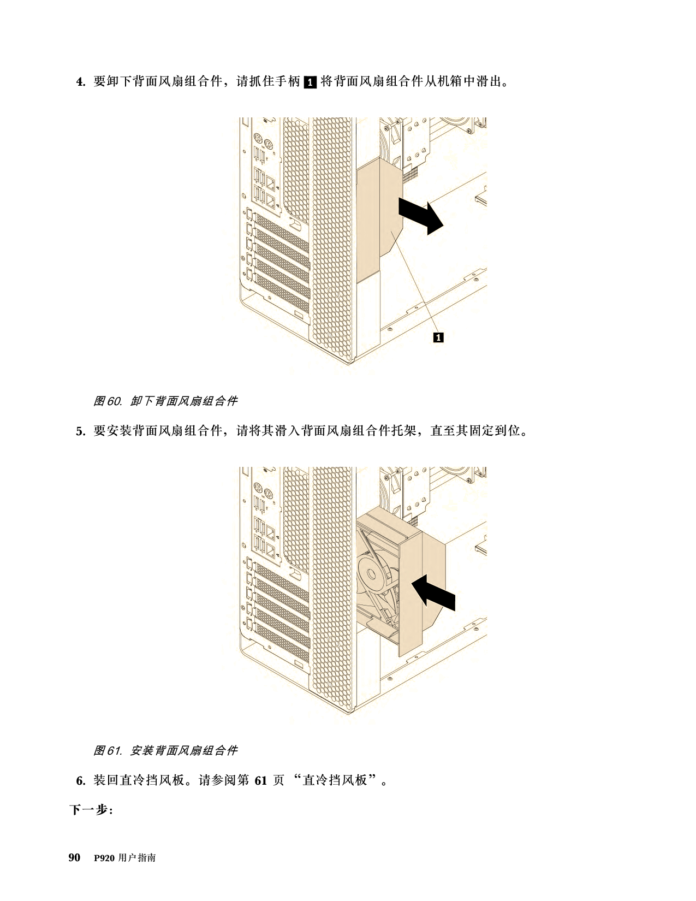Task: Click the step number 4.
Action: tap(80, 82)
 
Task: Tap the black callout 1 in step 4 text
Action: tap(310, 82)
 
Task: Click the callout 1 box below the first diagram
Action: tap(438, 337)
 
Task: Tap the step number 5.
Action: tap(80, 431)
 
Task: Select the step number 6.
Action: tap(80, 781)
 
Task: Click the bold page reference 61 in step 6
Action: tap(260, 781)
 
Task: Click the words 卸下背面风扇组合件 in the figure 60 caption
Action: tap(183, 401)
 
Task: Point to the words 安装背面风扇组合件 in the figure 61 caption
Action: tap(183, 750)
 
